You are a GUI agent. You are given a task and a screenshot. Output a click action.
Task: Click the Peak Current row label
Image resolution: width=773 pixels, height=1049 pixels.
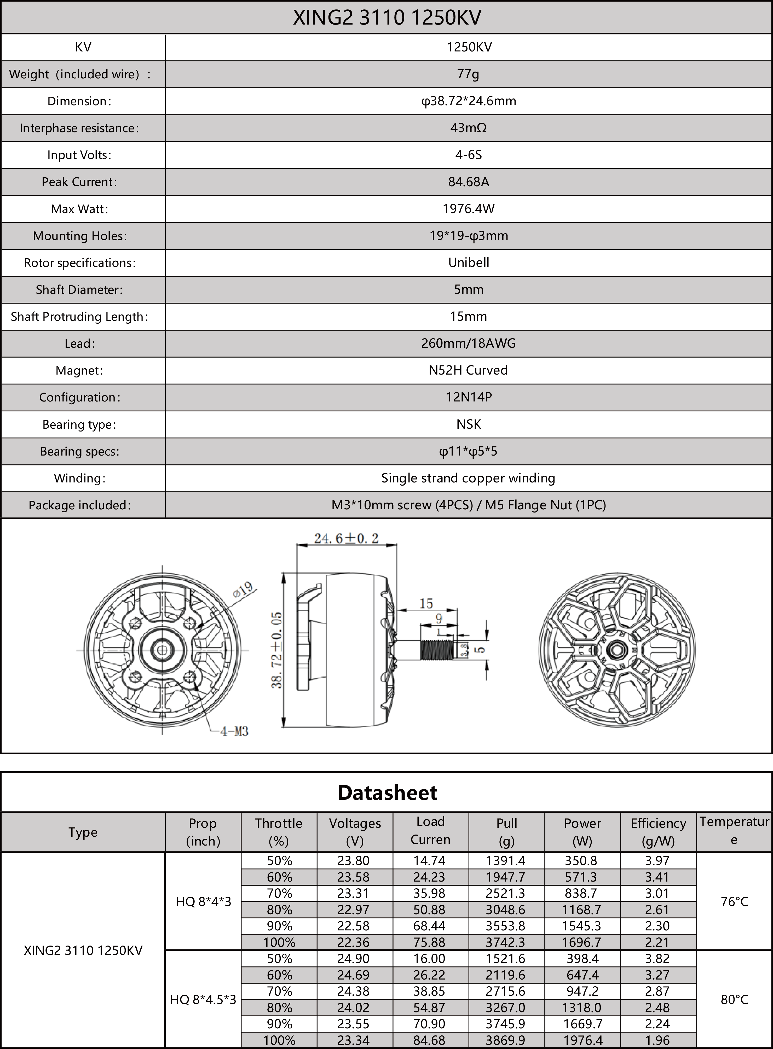click(79, 182)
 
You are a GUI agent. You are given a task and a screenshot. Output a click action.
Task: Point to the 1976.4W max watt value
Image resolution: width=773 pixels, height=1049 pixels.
click(468, 209)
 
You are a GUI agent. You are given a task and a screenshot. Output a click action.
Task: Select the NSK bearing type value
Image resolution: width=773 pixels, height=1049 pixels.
click(468, 424)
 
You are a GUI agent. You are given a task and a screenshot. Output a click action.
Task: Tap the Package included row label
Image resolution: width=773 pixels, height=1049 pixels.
click(79, 505)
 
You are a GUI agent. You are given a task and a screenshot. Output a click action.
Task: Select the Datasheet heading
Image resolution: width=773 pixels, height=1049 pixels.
click(387, 793)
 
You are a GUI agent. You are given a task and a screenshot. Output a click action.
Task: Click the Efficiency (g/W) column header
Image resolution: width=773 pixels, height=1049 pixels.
click(658, 832)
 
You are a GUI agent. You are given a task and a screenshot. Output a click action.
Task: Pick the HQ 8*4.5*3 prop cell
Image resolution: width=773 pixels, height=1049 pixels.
click(203, 999)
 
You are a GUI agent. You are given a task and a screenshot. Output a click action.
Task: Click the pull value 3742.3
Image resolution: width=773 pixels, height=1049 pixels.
click(505, 942)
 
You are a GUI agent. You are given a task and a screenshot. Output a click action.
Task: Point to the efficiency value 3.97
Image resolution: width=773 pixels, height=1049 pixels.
click(657, 860)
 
